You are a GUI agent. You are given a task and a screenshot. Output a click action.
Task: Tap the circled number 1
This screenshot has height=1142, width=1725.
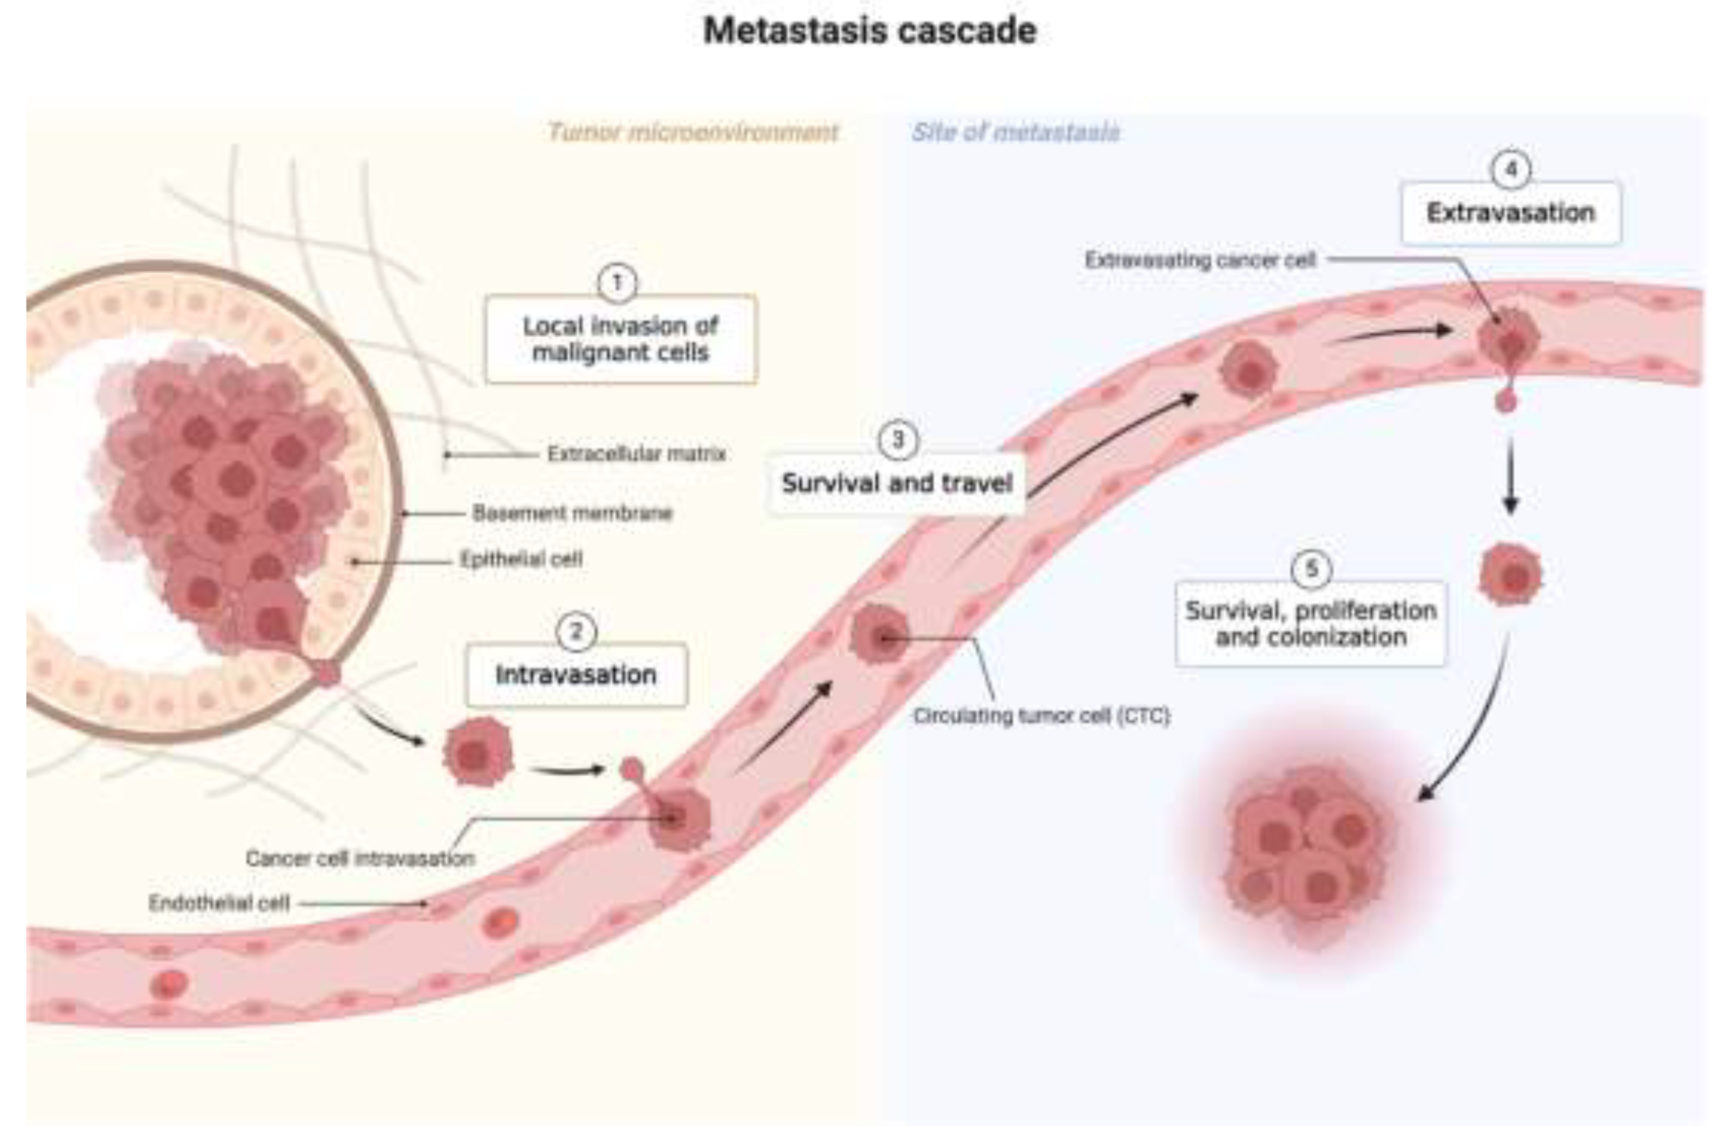click(x=617, y=283)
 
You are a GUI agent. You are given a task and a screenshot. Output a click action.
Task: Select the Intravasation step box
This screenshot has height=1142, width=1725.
click(x=576, y=674)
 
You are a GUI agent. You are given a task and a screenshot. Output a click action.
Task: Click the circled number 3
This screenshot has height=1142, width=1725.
click(x=898, y=440)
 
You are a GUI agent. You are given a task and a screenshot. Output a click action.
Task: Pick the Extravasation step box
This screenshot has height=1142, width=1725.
click(x=1511, y=213)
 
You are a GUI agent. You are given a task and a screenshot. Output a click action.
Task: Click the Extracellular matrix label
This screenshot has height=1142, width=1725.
click(x=637, y=454)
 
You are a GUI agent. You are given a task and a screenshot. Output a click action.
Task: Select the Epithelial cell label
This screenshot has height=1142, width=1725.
click(x=522, y=559)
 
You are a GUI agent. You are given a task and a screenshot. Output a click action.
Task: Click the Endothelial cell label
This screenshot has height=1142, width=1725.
click(x=219, y=903)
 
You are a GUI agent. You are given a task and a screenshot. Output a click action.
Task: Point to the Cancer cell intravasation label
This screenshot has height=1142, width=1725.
click(x=360, y=859)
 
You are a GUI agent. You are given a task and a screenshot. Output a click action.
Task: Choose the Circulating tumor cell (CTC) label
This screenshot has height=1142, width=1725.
click(x=1042, y=716)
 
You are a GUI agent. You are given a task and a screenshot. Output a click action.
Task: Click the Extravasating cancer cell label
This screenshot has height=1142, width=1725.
click(x=1201, y=260)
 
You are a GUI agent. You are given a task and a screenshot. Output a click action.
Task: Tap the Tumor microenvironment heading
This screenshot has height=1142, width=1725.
click(x=693, y=133)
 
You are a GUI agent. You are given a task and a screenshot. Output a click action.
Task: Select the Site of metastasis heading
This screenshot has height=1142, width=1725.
click(x=1016, y=133)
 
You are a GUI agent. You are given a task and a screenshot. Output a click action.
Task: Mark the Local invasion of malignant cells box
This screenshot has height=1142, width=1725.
click(x=621, y=339)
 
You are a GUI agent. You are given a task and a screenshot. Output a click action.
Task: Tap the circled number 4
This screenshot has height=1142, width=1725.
click(x=1511, y=170)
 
